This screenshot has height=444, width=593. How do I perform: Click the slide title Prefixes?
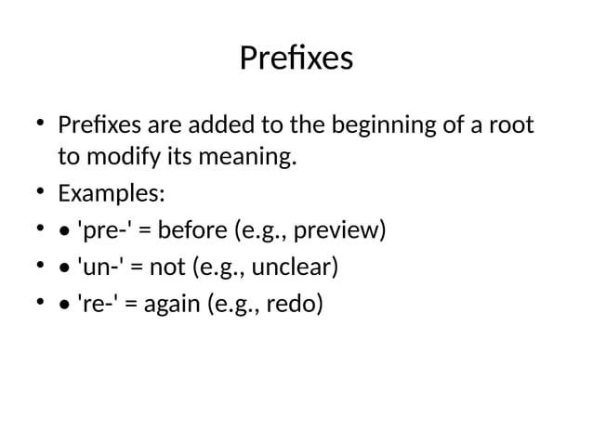296,59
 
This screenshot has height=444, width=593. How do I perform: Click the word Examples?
111,194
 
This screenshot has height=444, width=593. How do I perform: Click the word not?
168,268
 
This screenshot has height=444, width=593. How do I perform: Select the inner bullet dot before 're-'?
63,306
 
